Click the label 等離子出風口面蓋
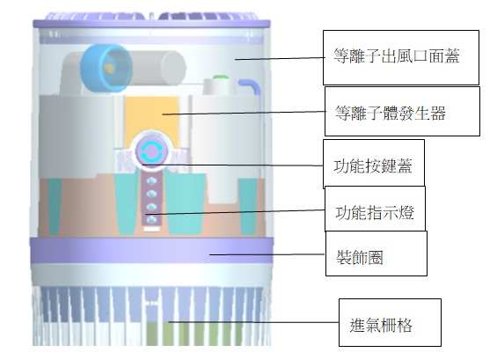pos(396,56)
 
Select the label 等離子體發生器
pos(391,113)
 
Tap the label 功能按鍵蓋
pos(373,165)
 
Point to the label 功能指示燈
pos(375,212)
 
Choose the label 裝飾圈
pos(360,257)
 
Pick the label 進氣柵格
pos(381,325)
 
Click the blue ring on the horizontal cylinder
pos(105,68)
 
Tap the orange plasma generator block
pos(151,121)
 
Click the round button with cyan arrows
pos(151,151)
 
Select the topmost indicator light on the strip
pos(152,180)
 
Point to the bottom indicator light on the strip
pos(152,219)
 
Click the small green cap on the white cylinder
pos(220,77)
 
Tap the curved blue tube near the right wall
pos(251,87)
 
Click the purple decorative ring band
pos(151,250)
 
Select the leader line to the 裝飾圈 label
pos(267,254)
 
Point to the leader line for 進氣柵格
pos(253,322)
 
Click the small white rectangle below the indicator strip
pos(152,229)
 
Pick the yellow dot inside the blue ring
pos(109,68)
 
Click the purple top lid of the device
pos(152,20)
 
